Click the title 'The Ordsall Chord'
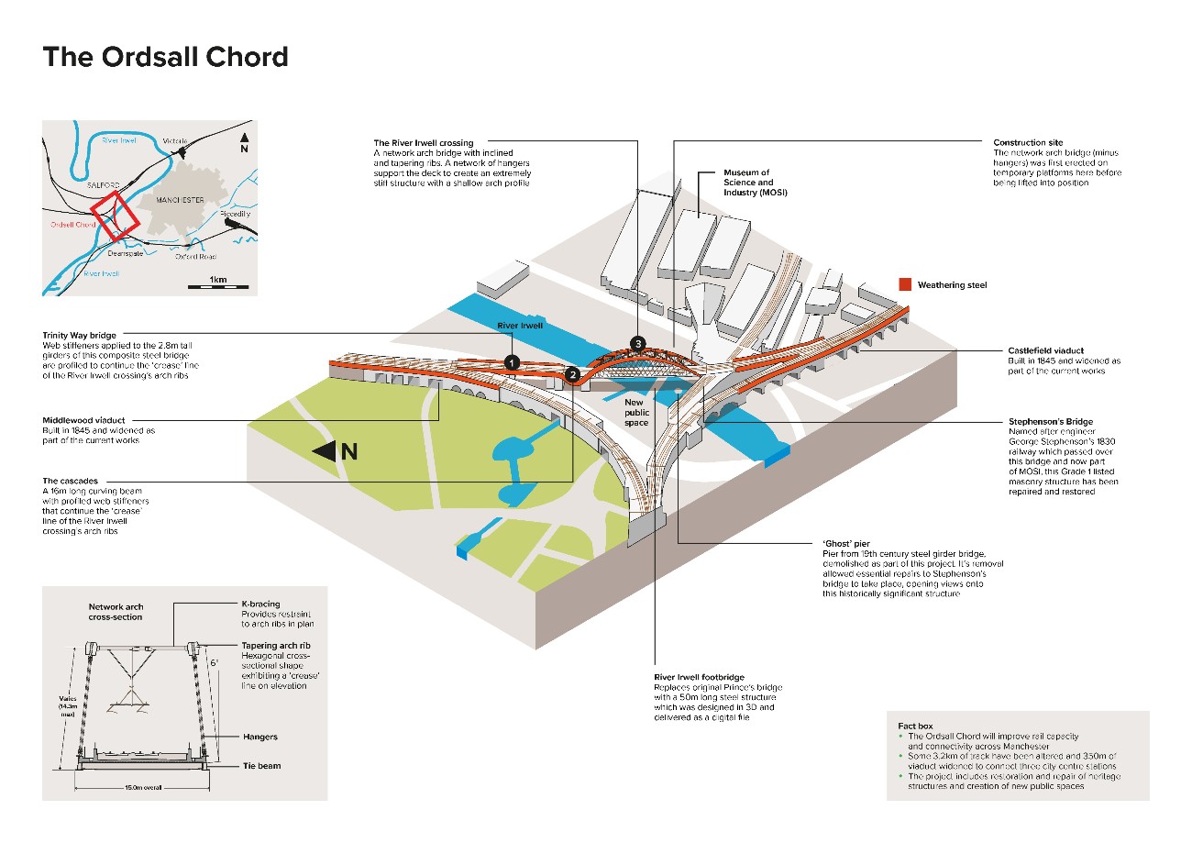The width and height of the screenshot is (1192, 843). pyautogui.click(x=166, y=57)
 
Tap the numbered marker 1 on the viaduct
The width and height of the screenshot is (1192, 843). pyautogui.click(x=512, y=363)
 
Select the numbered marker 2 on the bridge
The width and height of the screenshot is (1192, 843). pyautogui.click(x=572, y=374)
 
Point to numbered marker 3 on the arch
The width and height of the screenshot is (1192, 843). pyautogui.click(x=637, y=344)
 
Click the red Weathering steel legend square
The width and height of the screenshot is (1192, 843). pyautogui.click(x=905, y=284)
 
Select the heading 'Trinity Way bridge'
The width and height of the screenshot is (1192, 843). pyautogui.click(x=85, y=335)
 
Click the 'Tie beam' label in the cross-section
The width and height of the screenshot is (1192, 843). pyautogui.click(x=261, y=765)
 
